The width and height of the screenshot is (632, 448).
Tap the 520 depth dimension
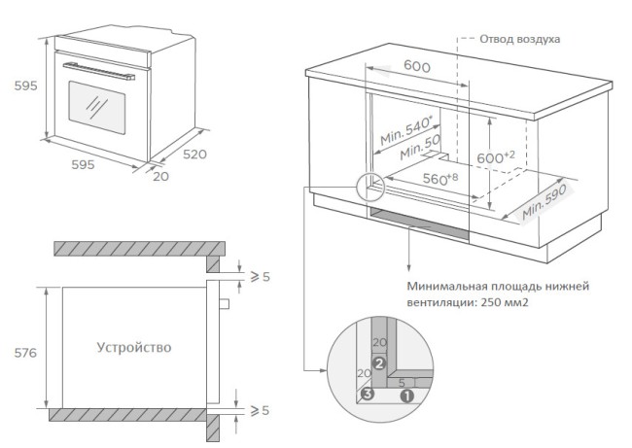(195, 155)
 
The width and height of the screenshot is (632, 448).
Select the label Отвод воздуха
(519, 39)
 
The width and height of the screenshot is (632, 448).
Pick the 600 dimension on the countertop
(417, 65)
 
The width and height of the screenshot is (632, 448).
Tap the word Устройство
(134, 347)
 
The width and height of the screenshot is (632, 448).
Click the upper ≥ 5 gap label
(259, 277)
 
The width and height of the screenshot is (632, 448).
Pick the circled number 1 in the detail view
(407, 395)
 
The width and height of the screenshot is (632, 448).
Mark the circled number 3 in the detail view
(367, 394)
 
